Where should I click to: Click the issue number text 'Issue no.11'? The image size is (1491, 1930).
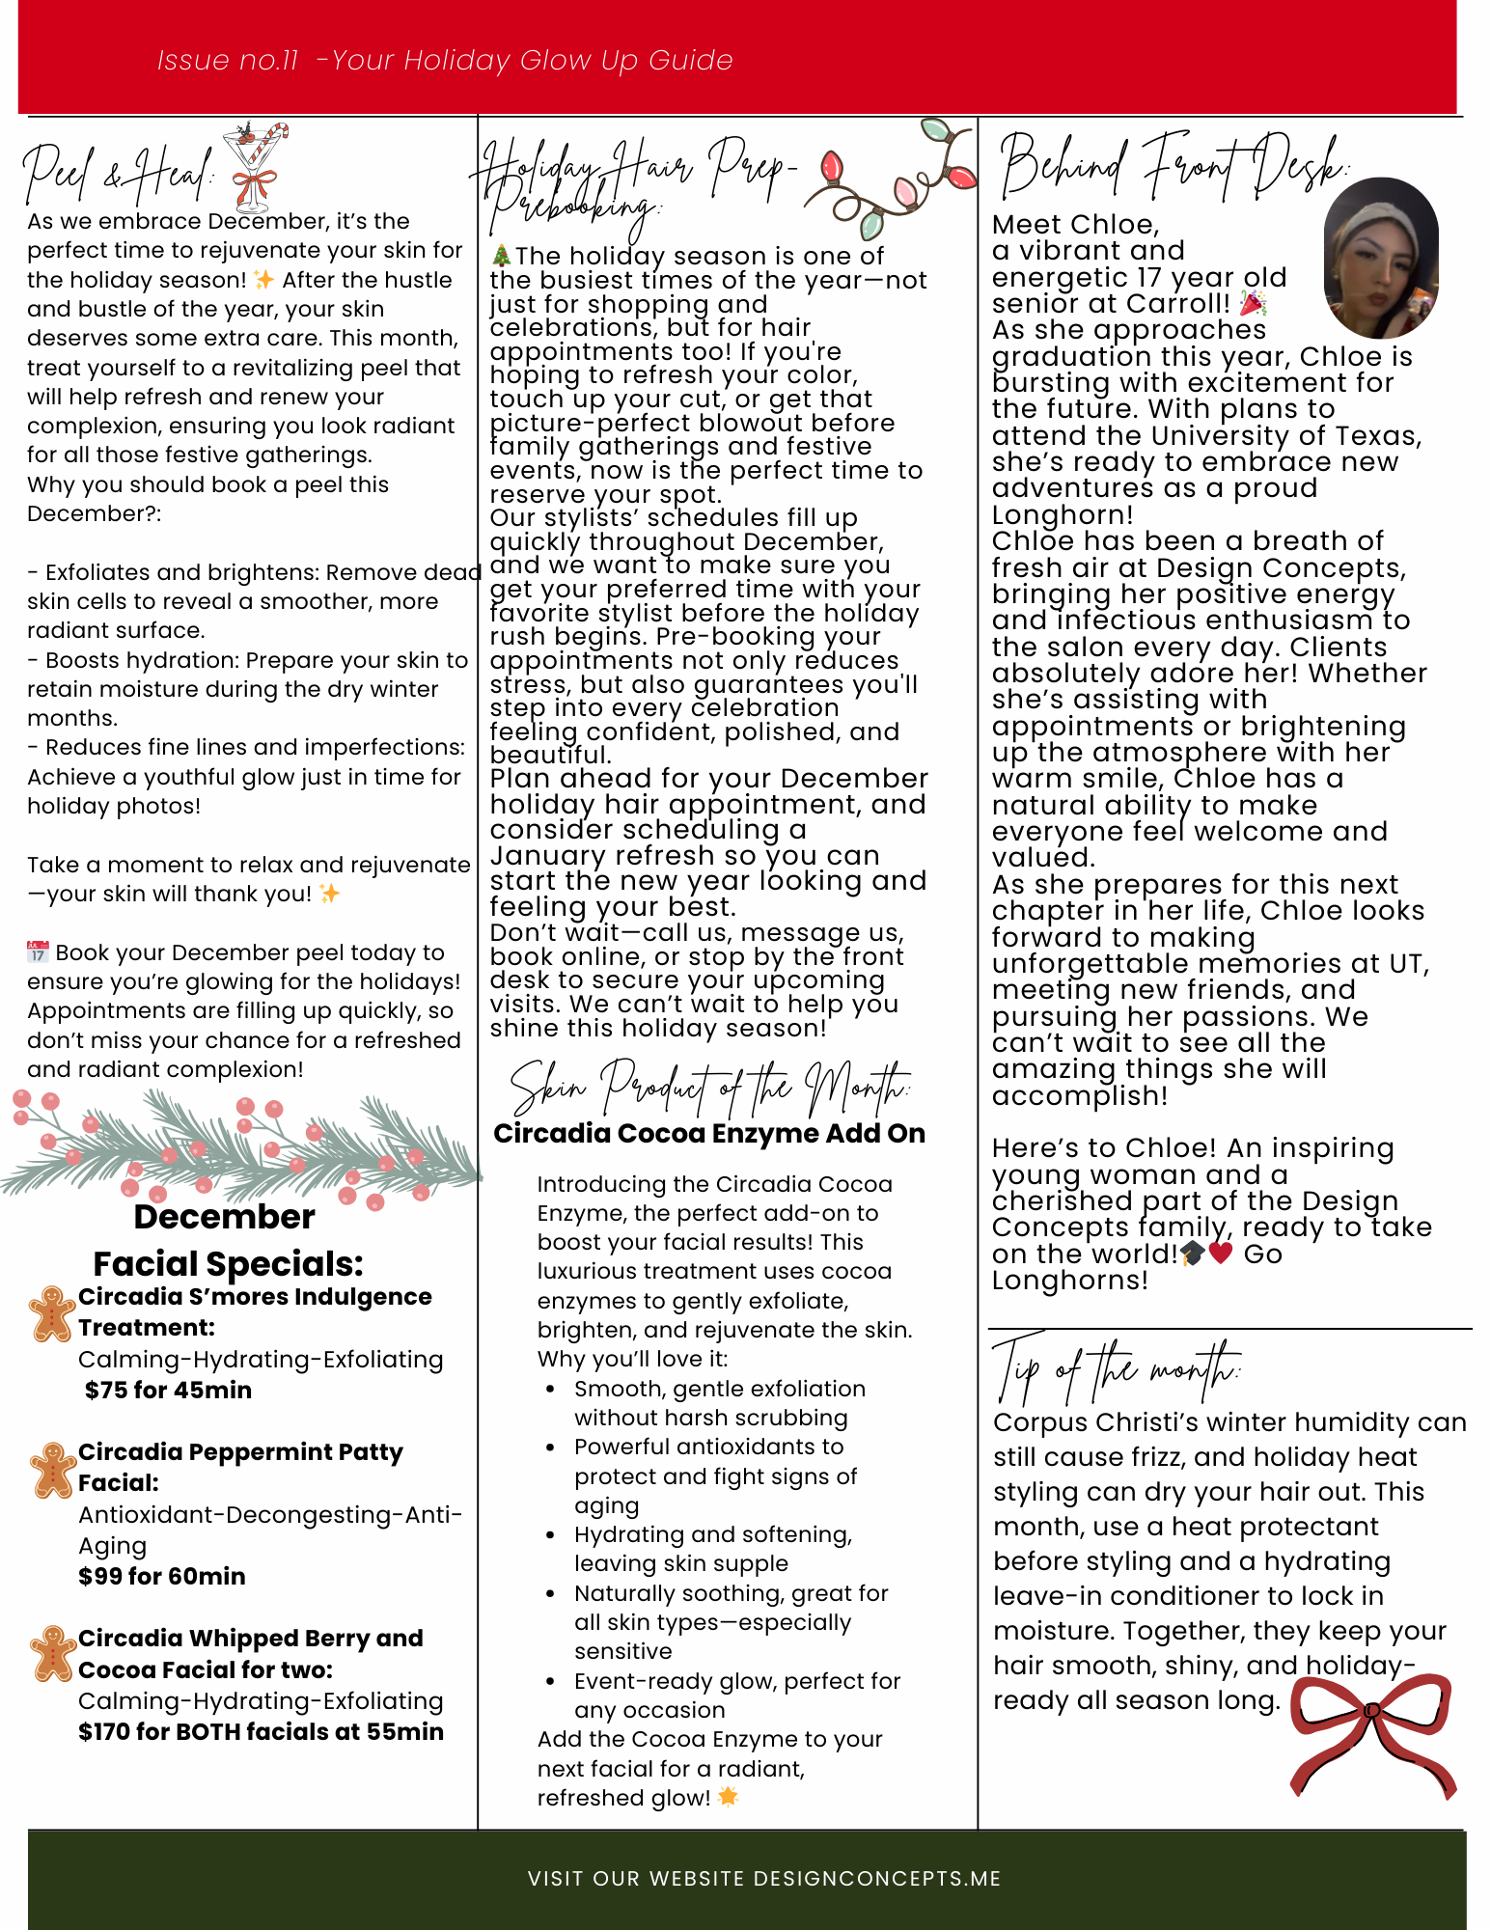228,61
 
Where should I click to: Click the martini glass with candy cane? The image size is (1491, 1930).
255,164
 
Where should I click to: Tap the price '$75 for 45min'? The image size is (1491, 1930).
168,1390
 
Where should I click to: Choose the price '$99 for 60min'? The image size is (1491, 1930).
162,1576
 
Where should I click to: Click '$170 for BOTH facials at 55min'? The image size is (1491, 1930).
261,1731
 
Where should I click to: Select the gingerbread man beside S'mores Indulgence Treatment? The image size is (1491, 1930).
52,1313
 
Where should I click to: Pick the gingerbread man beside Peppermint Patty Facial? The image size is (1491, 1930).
52,1470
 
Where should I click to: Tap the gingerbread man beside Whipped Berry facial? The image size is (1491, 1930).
52,1653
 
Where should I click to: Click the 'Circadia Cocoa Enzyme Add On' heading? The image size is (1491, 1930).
709,1133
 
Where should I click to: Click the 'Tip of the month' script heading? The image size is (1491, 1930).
1116,1370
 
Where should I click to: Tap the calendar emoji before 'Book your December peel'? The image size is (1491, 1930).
38,952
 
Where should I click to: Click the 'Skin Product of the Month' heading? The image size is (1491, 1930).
709,1089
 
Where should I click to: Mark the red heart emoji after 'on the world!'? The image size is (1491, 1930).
1221,1254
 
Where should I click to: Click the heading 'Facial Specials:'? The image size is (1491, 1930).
228,1263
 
